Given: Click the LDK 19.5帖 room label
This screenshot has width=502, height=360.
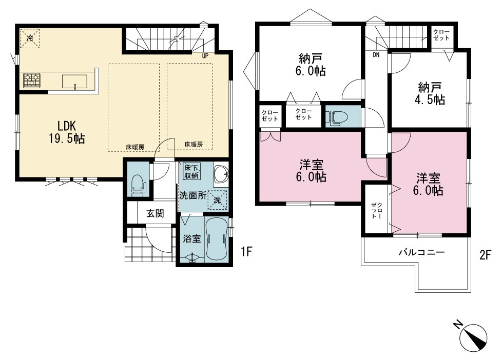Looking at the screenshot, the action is click(67, 132).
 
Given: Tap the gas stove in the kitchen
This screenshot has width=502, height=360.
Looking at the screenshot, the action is click(32, 81).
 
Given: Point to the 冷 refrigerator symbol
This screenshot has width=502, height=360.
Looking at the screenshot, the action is click(30, 38).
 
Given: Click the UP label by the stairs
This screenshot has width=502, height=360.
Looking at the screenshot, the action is click(205, 56).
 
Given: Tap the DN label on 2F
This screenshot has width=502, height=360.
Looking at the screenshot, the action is click(376, 55).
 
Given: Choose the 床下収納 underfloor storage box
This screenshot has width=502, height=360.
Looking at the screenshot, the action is click(191, 171).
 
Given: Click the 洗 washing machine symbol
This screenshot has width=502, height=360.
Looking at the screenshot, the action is click(218, 200).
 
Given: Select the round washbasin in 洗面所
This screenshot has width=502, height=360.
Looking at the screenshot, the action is click(221, 174).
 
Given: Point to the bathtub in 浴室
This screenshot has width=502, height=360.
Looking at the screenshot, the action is click(217, 238).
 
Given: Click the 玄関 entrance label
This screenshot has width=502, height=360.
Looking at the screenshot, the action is click(156, 213).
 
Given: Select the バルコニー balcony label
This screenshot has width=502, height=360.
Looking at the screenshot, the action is click(421, 252).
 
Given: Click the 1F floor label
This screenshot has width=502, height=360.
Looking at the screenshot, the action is click(247, 252).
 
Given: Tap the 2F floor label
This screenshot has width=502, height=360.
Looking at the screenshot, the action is click(485, 255).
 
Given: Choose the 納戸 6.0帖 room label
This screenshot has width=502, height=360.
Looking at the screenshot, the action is click(311, 65).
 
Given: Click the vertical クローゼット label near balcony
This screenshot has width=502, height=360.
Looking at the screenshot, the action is click(376, 211).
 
